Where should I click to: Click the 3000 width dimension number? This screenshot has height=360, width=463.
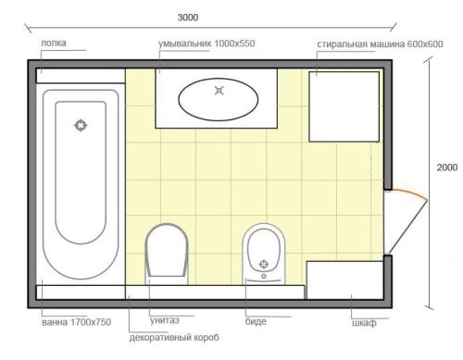188,18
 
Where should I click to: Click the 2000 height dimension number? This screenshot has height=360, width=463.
447,168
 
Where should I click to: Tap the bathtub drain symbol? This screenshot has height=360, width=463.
81,126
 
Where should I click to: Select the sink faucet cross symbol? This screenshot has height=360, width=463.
219,91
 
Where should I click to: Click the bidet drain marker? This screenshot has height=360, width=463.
264,264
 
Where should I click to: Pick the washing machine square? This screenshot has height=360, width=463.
344,106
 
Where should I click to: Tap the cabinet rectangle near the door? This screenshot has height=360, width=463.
345,280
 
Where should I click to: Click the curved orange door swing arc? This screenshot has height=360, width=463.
408,192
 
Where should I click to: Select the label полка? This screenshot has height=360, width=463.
54,43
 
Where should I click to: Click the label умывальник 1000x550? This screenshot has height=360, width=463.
206,43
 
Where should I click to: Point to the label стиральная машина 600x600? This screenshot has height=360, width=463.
380,44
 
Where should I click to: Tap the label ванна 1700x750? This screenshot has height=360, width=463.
76,322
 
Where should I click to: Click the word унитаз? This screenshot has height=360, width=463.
165,320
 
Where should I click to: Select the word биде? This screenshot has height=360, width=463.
256,321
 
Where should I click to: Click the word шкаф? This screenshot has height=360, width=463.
364,323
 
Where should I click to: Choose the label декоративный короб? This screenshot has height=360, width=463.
174,338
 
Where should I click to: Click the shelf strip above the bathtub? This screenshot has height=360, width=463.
81,76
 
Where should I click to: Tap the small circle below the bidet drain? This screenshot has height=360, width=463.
264,276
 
